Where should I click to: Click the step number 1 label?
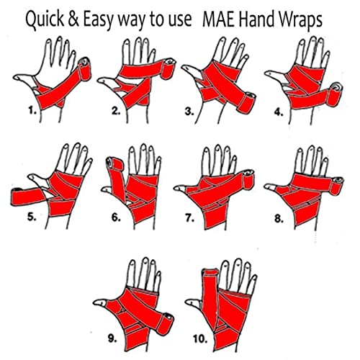coord(32,111)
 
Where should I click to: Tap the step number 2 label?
coord(116,111)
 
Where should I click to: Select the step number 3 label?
coord(189,112)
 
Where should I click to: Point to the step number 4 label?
coord(279,112)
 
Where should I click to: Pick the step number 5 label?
coord(32,217)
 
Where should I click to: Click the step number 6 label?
coord(116,217)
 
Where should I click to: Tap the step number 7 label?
coord(189,218)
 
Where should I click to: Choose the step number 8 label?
coord(279,219)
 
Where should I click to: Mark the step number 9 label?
coord(112,338)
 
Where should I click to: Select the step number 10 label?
coord(200,339)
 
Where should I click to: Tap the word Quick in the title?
coord(45,19)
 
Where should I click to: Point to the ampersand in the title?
coord(73,19)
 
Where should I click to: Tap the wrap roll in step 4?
coord(335,94)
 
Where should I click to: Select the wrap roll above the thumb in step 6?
coord(114,164)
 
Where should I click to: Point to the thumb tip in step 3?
coord(184,68)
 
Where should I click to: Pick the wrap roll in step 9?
coord(165,324)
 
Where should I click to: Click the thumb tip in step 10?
coord(189,302)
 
